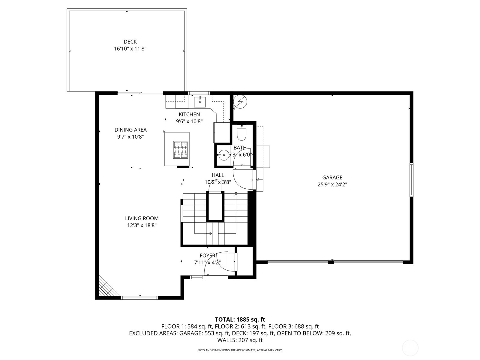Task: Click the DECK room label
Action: (x=130, y=42)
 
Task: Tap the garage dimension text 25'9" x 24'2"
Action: (x=332, y=184)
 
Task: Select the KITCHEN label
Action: (x=189, y=114)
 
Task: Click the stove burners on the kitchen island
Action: (x=181, y=150)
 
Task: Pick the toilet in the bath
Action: (x=241, y=133)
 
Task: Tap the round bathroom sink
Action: (x=224, y=155)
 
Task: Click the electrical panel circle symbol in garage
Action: (x=240, y=102)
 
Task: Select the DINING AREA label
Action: (x=130, y=130)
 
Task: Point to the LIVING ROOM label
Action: (x=142, y=218)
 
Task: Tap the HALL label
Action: (x=218, y=175)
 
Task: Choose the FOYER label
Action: (x=208, y=256)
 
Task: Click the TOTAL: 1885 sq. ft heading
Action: (x=240, y=319)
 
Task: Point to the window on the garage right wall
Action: (x=411, y=180)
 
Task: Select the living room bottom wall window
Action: (x=139, y=298)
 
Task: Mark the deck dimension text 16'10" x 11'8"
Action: (x=130, y=49)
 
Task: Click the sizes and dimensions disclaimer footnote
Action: (x=240, y=350)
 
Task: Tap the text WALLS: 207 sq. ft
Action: (x=240, y=340)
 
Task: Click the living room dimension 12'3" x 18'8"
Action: (x=142, y=225)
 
